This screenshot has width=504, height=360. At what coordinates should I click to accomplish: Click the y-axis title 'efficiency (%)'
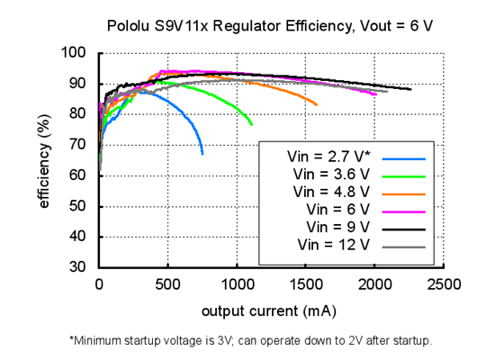(44, 160)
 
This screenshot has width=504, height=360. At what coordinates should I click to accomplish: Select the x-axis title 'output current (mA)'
(270, 311)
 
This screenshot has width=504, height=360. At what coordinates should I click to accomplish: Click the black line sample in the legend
(403, 227)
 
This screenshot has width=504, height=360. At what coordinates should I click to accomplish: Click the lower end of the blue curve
(202, 154)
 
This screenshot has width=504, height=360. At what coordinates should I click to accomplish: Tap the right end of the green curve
(252, 125)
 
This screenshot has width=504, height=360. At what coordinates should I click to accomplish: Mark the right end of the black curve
(410, 89)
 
